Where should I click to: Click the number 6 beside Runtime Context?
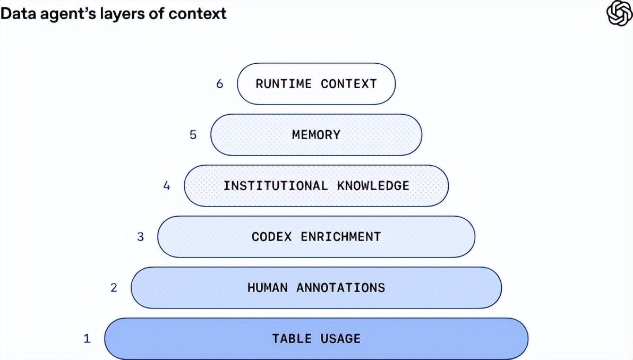[x=220, y=83]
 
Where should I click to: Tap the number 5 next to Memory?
[x=193, y=134]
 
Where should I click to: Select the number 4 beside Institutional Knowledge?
[x=166, y=186]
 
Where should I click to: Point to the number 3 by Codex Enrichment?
[x=140, y=236]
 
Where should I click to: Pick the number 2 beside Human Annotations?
[x=114, y=287]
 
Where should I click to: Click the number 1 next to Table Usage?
[x=87, y=338]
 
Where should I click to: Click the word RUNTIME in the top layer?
[x=284, y=83]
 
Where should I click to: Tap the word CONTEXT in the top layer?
[x=349, y=83]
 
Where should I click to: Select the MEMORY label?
[x=316, y=134]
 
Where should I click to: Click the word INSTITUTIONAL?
[x=276, y=186]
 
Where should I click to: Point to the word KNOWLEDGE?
[x=373, y=186]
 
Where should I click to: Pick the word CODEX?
[x=272, y=236]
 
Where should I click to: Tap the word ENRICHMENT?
[x=341, y=236]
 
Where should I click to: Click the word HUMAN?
[x=268, y=287]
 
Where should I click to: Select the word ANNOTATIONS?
[x=341, y=287]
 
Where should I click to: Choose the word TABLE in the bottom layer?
[x=292, y=338]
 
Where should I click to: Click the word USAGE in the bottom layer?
[x=341, y=338]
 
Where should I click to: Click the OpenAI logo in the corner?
[x=619, y=13]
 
